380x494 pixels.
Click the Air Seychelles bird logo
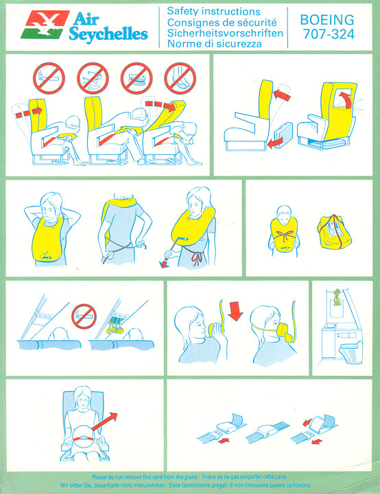point(45,25)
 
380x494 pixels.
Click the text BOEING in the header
point(327,20)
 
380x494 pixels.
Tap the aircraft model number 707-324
point(329,34)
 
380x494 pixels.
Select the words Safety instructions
point(213,12)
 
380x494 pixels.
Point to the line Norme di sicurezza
point(214,43)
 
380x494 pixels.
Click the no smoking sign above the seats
point(49,78)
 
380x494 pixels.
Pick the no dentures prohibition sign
point(136,78)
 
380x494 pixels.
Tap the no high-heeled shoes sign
point(180,78)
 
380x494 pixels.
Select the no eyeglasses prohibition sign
point(93,78)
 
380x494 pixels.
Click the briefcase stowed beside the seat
point(283,134)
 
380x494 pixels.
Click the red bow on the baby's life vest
point(285,235)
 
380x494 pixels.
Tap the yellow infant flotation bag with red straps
point(334,232)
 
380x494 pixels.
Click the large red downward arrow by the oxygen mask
point(236,311)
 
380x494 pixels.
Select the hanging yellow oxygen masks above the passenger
point(115,326)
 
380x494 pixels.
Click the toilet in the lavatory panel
point(351,352)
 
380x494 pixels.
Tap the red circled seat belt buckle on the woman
point(84,438)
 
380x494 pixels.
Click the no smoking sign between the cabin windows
point(84,316)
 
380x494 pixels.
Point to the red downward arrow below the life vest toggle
point(164,263)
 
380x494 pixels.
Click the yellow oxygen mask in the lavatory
point(337,297)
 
